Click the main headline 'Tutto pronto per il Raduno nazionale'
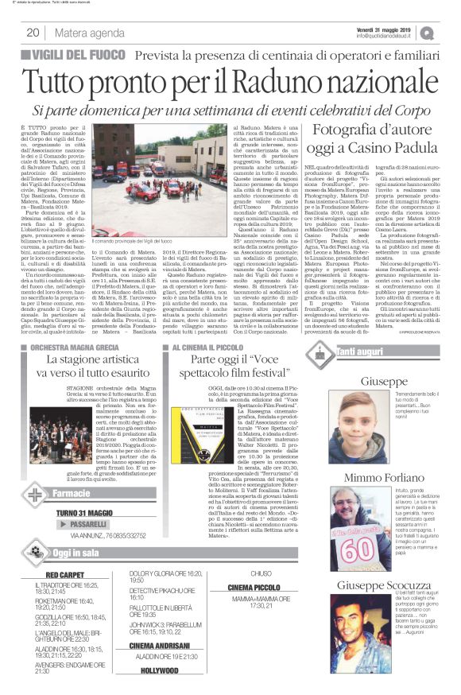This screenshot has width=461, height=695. tap(230, 83)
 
